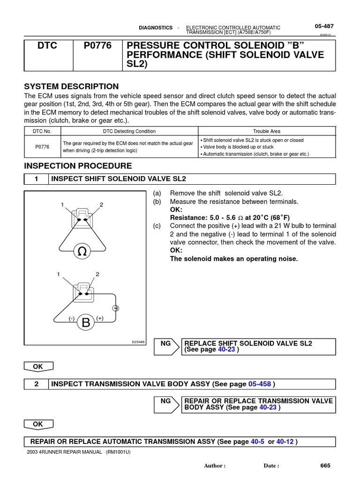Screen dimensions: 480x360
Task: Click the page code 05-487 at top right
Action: [324, 26]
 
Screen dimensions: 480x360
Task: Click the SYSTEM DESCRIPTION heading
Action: [71, 87]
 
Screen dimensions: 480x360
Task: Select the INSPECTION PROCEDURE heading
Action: [78, 166]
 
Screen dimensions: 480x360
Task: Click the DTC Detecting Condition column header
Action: [129, 131]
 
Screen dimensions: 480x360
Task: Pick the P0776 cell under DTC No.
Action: [42, 146]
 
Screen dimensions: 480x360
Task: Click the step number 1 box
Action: [36, 179]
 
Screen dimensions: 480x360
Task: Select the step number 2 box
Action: [36, 384]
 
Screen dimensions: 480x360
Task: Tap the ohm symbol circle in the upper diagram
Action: [82, 252]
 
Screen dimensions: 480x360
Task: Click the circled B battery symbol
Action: [86, 322]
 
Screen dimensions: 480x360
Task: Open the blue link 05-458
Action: [260, 384]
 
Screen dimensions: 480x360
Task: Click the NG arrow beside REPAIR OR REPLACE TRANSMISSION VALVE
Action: [166, 401]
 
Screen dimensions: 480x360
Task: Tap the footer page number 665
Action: [325, 465]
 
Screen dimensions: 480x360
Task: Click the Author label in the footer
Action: [215, 465]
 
